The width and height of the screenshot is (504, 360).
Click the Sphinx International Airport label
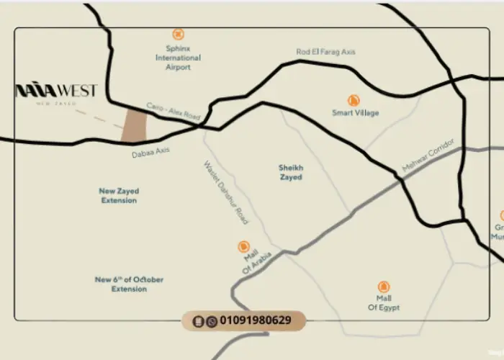pyautogui.click(x=179, y=58)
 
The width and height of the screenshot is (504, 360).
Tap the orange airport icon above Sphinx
pyautogui.click(x=179, y=34)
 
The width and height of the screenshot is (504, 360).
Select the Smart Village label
pyautogui.click(x=355, y=113)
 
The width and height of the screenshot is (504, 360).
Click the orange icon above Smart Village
pyautogui.click(x=354, y=100)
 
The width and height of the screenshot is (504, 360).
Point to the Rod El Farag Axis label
pyautogui.click(x=325, y=52)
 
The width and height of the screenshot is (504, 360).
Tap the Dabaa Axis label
pyautogui.click(x=150, y=153)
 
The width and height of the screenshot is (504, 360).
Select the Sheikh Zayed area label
pyautogui.click(x=291, y=172)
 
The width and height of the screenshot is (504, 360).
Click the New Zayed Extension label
pyautogui.click(x=119, y=196)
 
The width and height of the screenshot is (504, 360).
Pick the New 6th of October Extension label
pyautogui.click(x=129, y=284)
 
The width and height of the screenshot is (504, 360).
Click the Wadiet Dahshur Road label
pyautogui.click(x=225, y=192)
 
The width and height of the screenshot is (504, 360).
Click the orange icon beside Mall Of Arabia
pyautogui.click(x=243, y=247)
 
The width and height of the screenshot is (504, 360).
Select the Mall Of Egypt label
pyautogui.click(x=384, y=303)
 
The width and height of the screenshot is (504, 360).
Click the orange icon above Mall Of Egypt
pyautogui.click(x=384, y=287)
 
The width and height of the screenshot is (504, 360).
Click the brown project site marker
pyautogui.click(x=134, y=126)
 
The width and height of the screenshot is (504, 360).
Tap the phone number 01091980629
pyautogui.click(x=256, y=320)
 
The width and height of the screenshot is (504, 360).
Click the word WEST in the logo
pyautogui.click(x=76, y=91)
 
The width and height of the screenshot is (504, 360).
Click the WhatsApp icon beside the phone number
pyautogui.click(x=211, y=321)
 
